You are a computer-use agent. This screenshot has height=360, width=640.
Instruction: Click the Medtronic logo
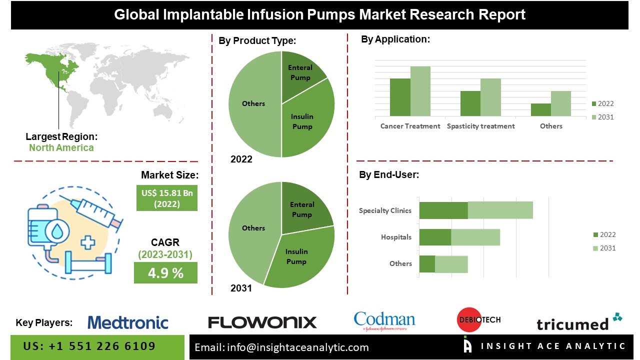(128, 322)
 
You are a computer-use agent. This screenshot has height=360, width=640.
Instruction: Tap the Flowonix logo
(262, 322)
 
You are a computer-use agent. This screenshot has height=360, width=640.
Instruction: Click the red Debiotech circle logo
(469, 319)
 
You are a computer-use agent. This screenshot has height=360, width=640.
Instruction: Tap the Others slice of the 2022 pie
(253, 103)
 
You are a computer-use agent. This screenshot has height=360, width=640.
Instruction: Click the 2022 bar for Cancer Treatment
(400, 97)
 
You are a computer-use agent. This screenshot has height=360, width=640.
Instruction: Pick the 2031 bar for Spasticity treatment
(490, 97)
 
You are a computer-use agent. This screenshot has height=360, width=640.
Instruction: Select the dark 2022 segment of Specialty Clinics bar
(443, 210)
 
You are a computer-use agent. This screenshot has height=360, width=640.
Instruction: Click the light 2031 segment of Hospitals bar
(475, 237)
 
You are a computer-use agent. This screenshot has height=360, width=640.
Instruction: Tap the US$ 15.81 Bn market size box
(166, 198)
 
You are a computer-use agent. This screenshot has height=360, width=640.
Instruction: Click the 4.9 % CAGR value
(165, 273)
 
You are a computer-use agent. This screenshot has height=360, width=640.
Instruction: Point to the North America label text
(61, 147)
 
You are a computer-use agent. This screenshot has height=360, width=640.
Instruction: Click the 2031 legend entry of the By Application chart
(602, 117)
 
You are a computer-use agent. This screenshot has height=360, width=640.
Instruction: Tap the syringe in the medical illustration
(95, 212)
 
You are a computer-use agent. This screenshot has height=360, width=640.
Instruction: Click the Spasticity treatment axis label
(480, 126)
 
